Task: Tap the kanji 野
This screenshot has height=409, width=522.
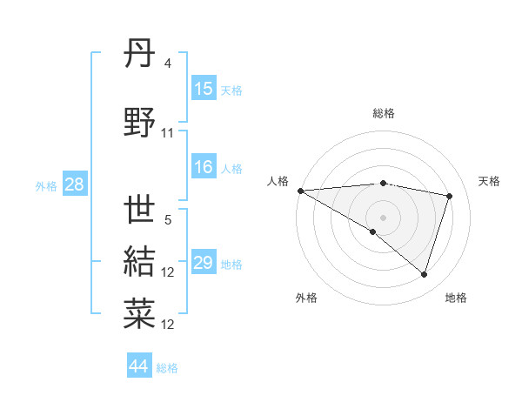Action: pyautogui.click(x=140, y=122)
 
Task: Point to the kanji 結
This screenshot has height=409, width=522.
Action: pyautogui.click(x=140, y=260)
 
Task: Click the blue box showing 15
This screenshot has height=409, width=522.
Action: pyautogui.click(x=204, y=89)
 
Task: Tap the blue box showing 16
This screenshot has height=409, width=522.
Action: pyautogui.click(x=204, y=168)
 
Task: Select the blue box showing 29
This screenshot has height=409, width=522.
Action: pyautogui.click(x=204, y=263)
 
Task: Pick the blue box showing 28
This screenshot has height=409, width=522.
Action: pyautogui.click(x=73, y=184)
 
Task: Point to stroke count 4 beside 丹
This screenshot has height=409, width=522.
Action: pyautogui.click(x=167, y=64)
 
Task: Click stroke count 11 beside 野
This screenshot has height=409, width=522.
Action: pyautogui.click(x=168, y=133)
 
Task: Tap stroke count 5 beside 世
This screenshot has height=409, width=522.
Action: pyautogui.click(x=167, y=220)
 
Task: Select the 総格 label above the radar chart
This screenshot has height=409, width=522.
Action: pyautogui.click(x=383, y=113)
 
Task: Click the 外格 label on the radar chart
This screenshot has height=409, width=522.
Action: pyautogui.click(x=306, y=298)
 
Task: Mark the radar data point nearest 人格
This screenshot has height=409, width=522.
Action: pyautogui.click(x=300, y=191)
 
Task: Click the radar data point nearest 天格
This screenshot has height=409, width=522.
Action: pyautogui.click(x=450, y=196)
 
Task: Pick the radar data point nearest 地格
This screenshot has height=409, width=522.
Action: pyautogui.click(x=424, y=275)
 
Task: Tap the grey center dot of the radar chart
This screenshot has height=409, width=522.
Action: pyautogui.click(x=383, y=217)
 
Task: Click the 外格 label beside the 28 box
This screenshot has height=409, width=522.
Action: pyautogui.click(x=45, y=185)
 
